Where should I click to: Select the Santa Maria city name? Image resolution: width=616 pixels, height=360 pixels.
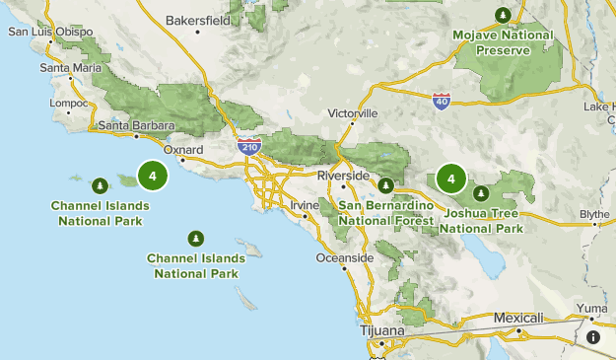pos(71,68)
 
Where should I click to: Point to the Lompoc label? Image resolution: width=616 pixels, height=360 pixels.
pos(70,102)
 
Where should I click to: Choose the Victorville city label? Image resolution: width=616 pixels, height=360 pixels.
pos(353,113)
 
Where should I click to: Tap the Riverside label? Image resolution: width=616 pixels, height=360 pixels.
pos(342,175)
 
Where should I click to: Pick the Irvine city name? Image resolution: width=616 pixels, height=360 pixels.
pos(305,204)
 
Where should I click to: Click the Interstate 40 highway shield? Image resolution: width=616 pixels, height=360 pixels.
pos(441,101)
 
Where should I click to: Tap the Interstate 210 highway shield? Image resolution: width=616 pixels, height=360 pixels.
pos(247,146)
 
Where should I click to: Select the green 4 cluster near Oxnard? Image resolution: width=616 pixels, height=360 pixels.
pos(153,177)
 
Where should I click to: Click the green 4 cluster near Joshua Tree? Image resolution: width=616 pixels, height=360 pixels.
pos(451,179)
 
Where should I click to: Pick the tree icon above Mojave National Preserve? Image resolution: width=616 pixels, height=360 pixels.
pos(503,15)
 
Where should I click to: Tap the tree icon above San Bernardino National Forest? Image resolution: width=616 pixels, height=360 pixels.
pos(386,185)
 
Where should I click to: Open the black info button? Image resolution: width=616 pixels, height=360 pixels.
pos(593,337)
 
